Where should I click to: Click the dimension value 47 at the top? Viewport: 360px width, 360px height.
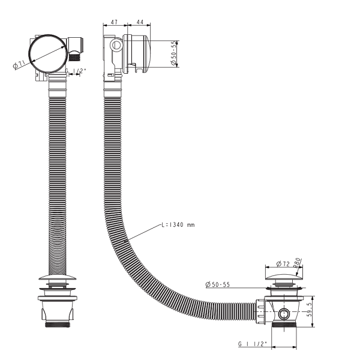tap(114, 22)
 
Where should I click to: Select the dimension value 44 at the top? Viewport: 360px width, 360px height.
tap(140, 22)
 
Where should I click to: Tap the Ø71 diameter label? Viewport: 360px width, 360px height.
tap(19, 65)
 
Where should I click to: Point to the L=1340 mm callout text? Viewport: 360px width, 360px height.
tap(178, 225)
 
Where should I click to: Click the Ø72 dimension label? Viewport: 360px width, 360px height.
tap(283, 264)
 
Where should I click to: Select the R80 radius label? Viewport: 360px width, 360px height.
tap(297, 262)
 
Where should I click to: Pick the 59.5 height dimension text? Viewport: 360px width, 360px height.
tap(310, 309)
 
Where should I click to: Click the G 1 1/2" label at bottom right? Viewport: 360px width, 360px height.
tap(253, 344)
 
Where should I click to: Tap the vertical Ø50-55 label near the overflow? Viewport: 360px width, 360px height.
tap(174, 53)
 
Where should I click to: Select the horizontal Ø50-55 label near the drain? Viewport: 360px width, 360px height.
tap(217, 284)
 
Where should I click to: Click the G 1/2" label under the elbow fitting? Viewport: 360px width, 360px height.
tap(76, 71)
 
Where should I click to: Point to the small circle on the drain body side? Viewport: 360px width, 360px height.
tap(284, 314)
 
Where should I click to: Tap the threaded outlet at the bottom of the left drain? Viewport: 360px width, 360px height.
tap(57, 324)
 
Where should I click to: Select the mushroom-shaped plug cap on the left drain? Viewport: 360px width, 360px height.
tap(57, 277)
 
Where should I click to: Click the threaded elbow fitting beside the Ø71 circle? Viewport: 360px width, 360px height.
tap(75, 49)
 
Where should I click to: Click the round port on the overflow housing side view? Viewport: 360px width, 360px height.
tap(116, 45)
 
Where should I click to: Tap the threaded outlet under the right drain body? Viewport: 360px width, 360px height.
tap(284, 325)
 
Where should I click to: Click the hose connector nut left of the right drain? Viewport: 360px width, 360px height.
tap(260, 311)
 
